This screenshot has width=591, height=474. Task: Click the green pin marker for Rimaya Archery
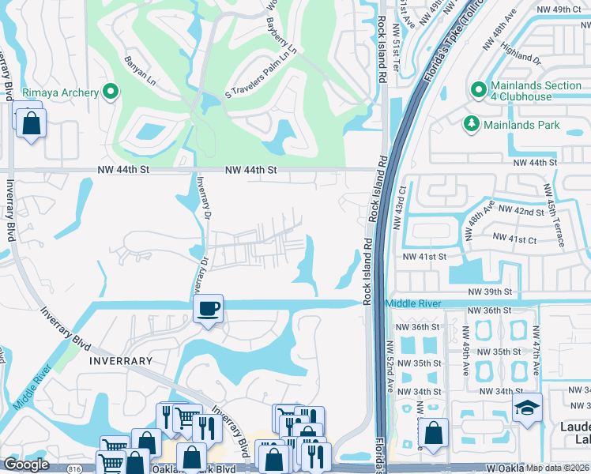pos(111,92)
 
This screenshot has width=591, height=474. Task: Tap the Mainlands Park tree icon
pos(472,125)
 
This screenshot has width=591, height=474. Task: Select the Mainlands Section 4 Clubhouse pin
pos(477,91)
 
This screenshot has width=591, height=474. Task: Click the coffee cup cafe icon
pos(209,308)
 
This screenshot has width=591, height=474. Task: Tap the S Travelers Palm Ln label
pos(260,70)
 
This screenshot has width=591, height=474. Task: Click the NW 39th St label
pos(491,292)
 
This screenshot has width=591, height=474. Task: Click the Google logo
pos(26,465)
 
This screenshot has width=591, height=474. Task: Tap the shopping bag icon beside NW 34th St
pos(432,432)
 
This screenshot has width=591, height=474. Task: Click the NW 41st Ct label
pos(514,236)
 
